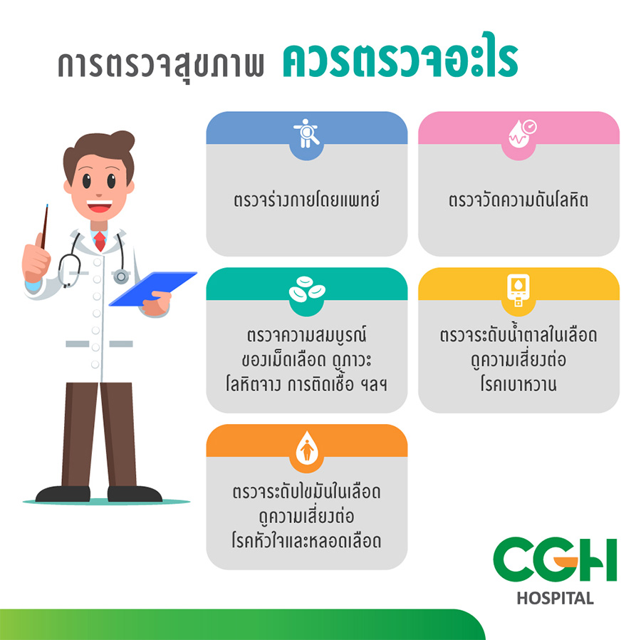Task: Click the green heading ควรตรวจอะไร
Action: pos(400,58)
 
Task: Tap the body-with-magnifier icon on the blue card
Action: pos(306,133)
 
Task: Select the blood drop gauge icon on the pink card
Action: pos(522,133)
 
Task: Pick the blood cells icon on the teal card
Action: pos(306,289)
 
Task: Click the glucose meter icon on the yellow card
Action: pos(518,289)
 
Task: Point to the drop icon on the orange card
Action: pos(306,447)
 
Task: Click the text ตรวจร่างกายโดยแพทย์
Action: pos(306,200)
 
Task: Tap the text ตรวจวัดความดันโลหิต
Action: pos(518,200)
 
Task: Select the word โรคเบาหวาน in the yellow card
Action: pos(518,384)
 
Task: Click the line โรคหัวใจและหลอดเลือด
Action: pos(306,541)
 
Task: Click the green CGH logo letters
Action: pos(555,560)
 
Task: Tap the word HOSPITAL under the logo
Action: pos(555,598)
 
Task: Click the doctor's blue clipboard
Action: pos(153,289)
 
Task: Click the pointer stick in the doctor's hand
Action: pos(44,227)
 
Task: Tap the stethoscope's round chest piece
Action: pos(121,277)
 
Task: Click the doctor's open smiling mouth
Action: pos(99,206)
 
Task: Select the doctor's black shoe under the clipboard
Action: pos(135,494)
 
